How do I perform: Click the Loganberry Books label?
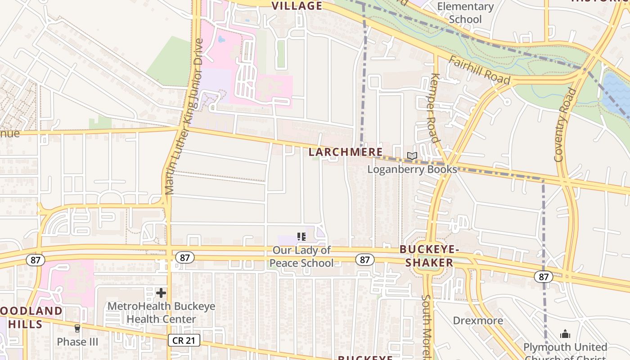(412, 169)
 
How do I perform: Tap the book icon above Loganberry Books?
(412, 156)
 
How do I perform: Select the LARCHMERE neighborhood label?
(346, 152)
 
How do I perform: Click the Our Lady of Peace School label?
(301, 256)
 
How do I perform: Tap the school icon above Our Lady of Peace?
(301, 236)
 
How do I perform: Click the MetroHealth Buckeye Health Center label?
(161, 313)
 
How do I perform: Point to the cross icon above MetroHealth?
(161, 293)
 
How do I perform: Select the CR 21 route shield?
(184, 340)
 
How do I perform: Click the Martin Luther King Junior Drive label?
(184, 117)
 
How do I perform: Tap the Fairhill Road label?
(479, 71)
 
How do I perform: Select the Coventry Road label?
(565, 125)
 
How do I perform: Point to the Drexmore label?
(478, 320)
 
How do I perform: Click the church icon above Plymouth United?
(565, 334)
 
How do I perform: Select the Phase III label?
(77, 342)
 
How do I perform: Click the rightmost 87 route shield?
(544, 276)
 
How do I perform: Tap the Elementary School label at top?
(465, 13)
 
